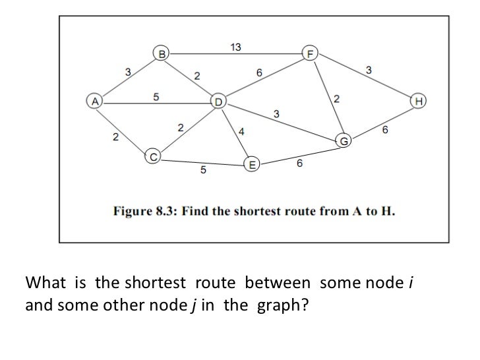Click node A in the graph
point(95,102)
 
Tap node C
point(152,157)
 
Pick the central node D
point(218,102)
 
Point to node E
point(251,165)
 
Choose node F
point(309,53)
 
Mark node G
point(344,140)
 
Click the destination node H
point(418,102)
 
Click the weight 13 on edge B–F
point(235,46)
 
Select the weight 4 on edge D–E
point(241,131)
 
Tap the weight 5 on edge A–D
point(156,96)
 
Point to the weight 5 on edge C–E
point(203,171)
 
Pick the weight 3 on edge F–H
point(368,70)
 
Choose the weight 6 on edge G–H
point(385,131)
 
